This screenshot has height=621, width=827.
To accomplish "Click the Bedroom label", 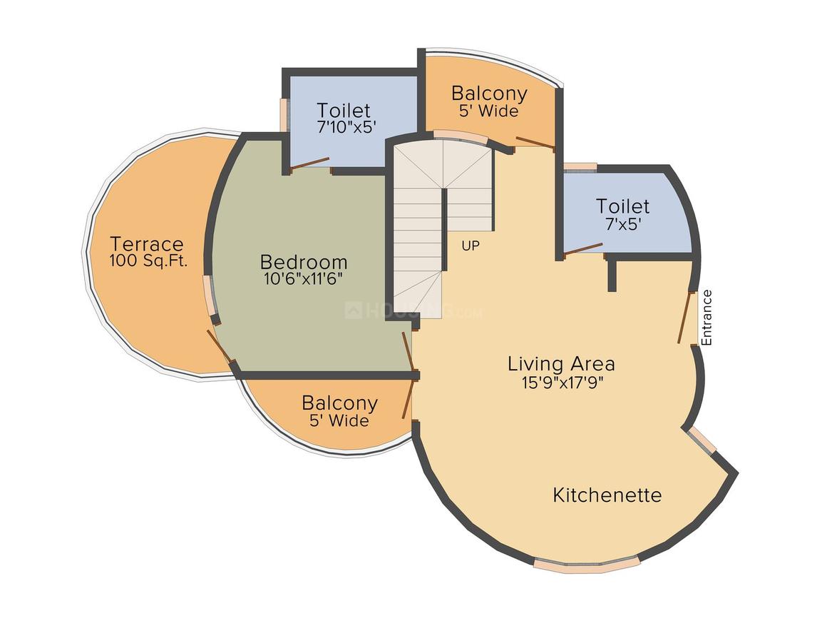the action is click(304, 262).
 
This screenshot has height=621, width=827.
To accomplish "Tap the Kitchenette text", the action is click(607, 495).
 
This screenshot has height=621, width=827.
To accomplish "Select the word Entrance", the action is click(707, 318).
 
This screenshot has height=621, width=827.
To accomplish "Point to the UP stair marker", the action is click(471, 246).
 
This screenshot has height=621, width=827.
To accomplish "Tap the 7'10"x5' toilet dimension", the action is click(346, 127).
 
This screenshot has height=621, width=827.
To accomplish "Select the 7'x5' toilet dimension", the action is click(623, 224).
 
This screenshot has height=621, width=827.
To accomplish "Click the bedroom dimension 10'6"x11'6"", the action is click(304, 279).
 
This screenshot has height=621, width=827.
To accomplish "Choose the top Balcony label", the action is click(490, 94).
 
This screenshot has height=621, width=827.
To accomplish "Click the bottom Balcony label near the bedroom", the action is click(339, 403).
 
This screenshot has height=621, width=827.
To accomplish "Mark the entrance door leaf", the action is click(684, 318).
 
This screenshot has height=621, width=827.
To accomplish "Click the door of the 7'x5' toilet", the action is click(582, 249).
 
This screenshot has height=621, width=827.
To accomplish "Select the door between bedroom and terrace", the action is click(219, 346).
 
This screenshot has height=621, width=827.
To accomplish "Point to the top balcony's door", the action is click(535, 142).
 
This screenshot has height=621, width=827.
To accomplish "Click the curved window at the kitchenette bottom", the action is click(587, 563).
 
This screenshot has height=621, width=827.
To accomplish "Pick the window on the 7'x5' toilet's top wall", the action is click(580, 167).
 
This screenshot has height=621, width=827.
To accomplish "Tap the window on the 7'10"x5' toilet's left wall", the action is click(284, 115).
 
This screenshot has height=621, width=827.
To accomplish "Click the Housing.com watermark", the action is click(413, 311).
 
